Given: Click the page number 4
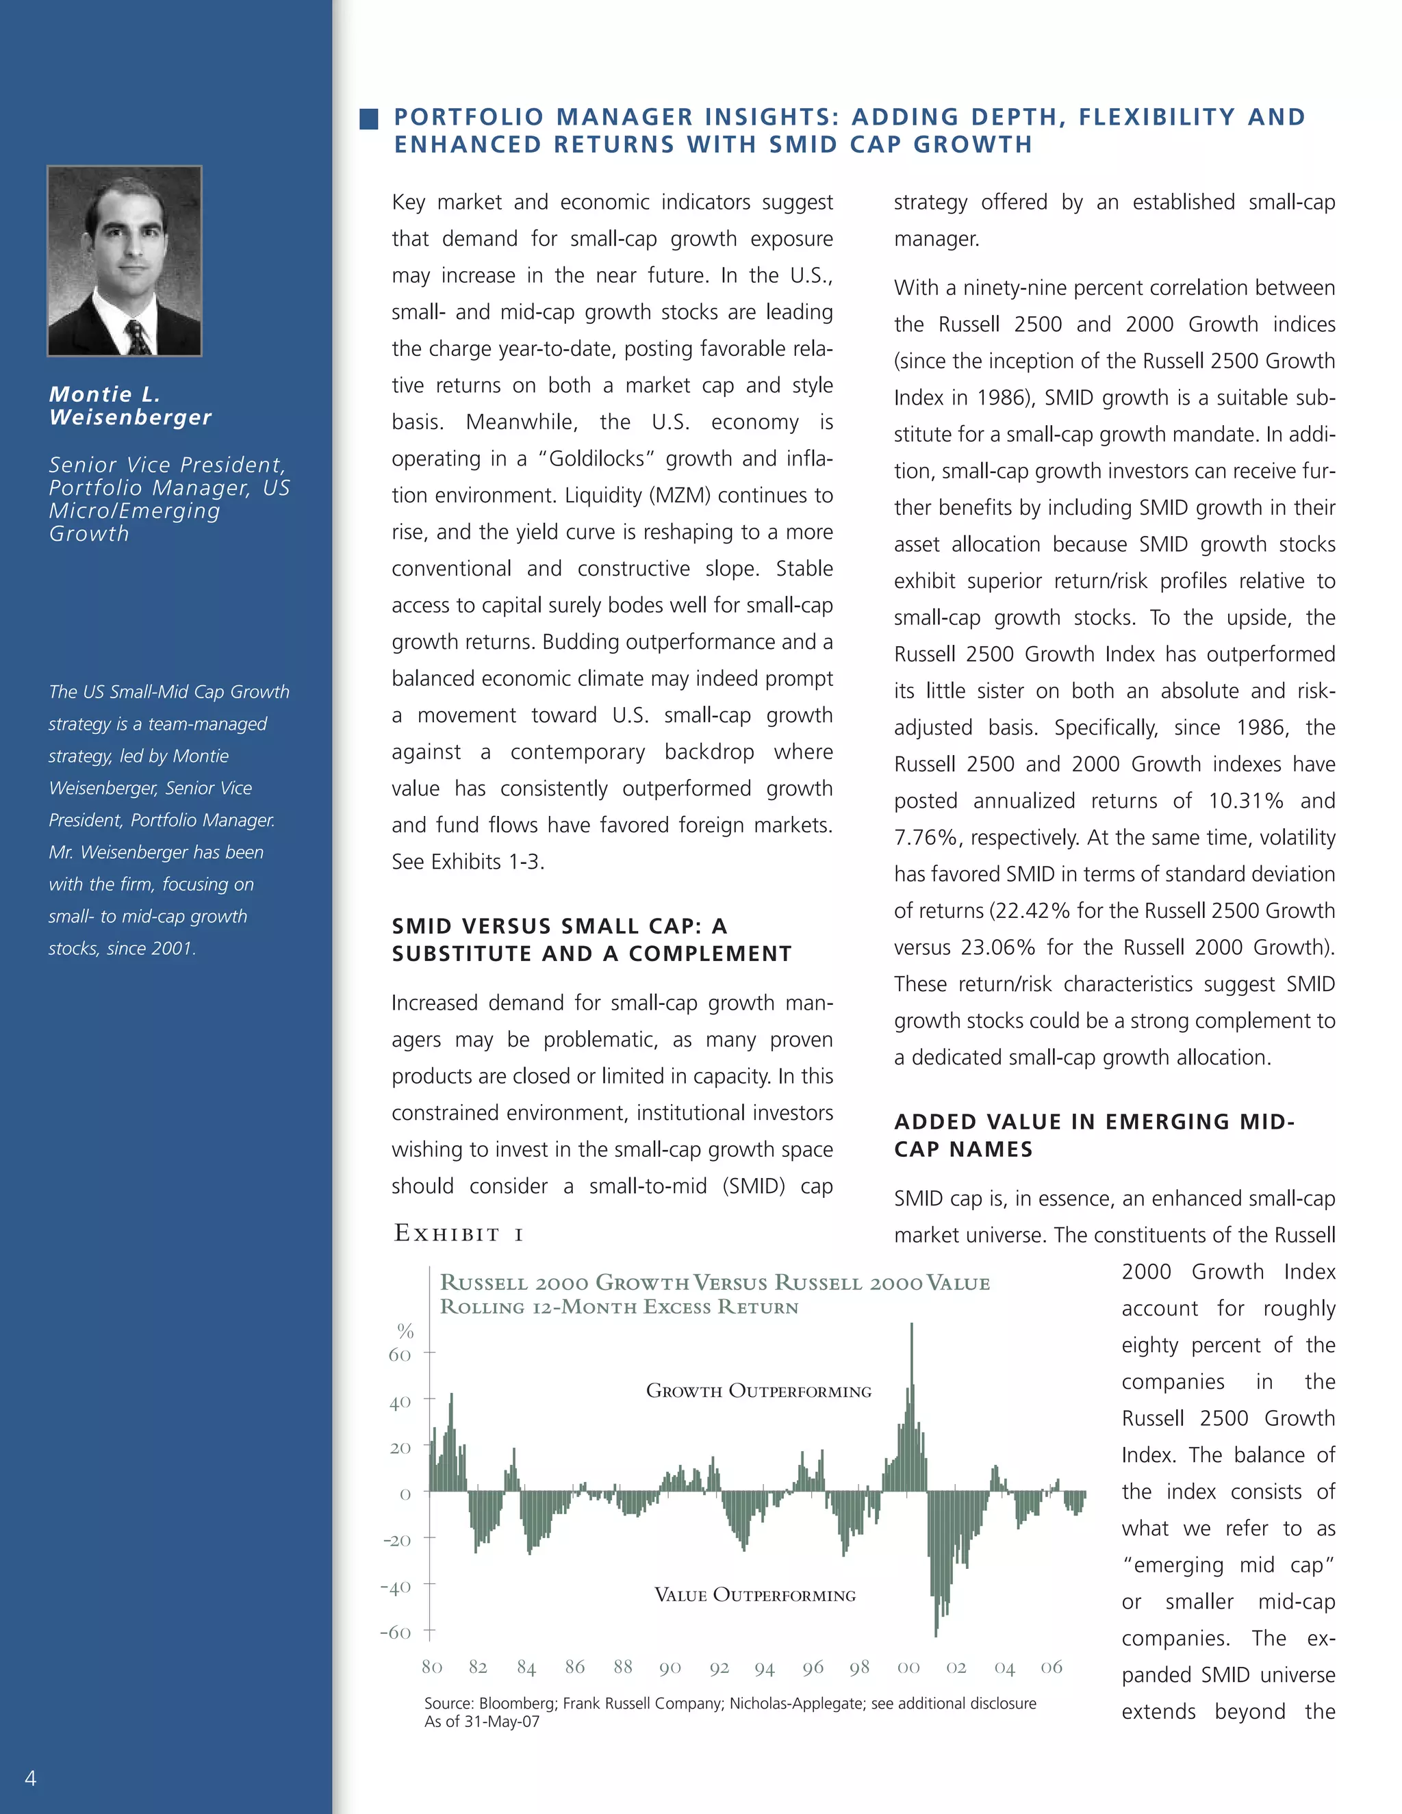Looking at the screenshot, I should pos(31,1778).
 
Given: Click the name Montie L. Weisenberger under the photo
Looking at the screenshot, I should pos(130,405).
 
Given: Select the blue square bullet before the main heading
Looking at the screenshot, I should pos(369,119).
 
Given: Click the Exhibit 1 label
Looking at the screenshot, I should pos(459,1234).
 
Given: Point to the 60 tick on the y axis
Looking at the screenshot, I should pos(400,1355).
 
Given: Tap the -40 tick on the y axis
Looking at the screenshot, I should pos(396,1587).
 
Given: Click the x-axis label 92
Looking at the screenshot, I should pos(719,1668).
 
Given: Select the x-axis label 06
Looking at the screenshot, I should pos(1051,1667).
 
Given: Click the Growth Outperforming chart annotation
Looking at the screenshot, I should pos(759,1391).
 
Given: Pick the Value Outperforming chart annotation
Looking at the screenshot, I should pos(754,1595).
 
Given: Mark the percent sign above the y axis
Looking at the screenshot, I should pos(405,1331).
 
